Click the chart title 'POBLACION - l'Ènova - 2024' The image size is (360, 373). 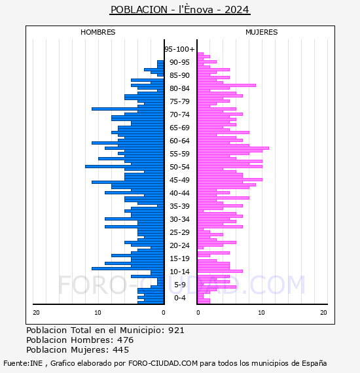(180, 10)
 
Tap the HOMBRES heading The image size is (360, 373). (98, 32)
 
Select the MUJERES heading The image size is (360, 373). (262, 32)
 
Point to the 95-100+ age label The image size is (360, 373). (179, 49)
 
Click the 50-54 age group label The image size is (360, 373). (179, 167)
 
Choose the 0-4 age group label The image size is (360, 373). (180, 298)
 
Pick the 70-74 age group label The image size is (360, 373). (179, 115)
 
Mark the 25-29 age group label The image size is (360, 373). (179, 232)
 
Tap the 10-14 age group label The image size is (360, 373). (179, 272)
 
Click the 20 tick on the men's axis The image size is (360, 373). (36, 313)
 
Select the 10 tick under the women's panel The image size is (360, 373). (261, 313)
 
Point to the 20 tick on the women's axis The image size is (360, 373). (323, 313)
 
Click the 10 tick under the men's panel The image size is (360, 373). (98, 313)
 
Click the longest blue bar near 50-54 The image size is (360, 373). (124, 166)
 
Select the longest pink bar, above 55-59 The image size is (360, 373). (233, 148)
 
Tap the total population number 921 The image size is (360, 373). (176, 330)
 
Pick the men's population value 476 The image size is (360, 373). (126, 340)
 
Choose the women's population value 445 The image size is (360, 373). (121, 350)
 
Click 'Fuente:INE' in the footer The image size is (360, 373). (23, 363)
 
